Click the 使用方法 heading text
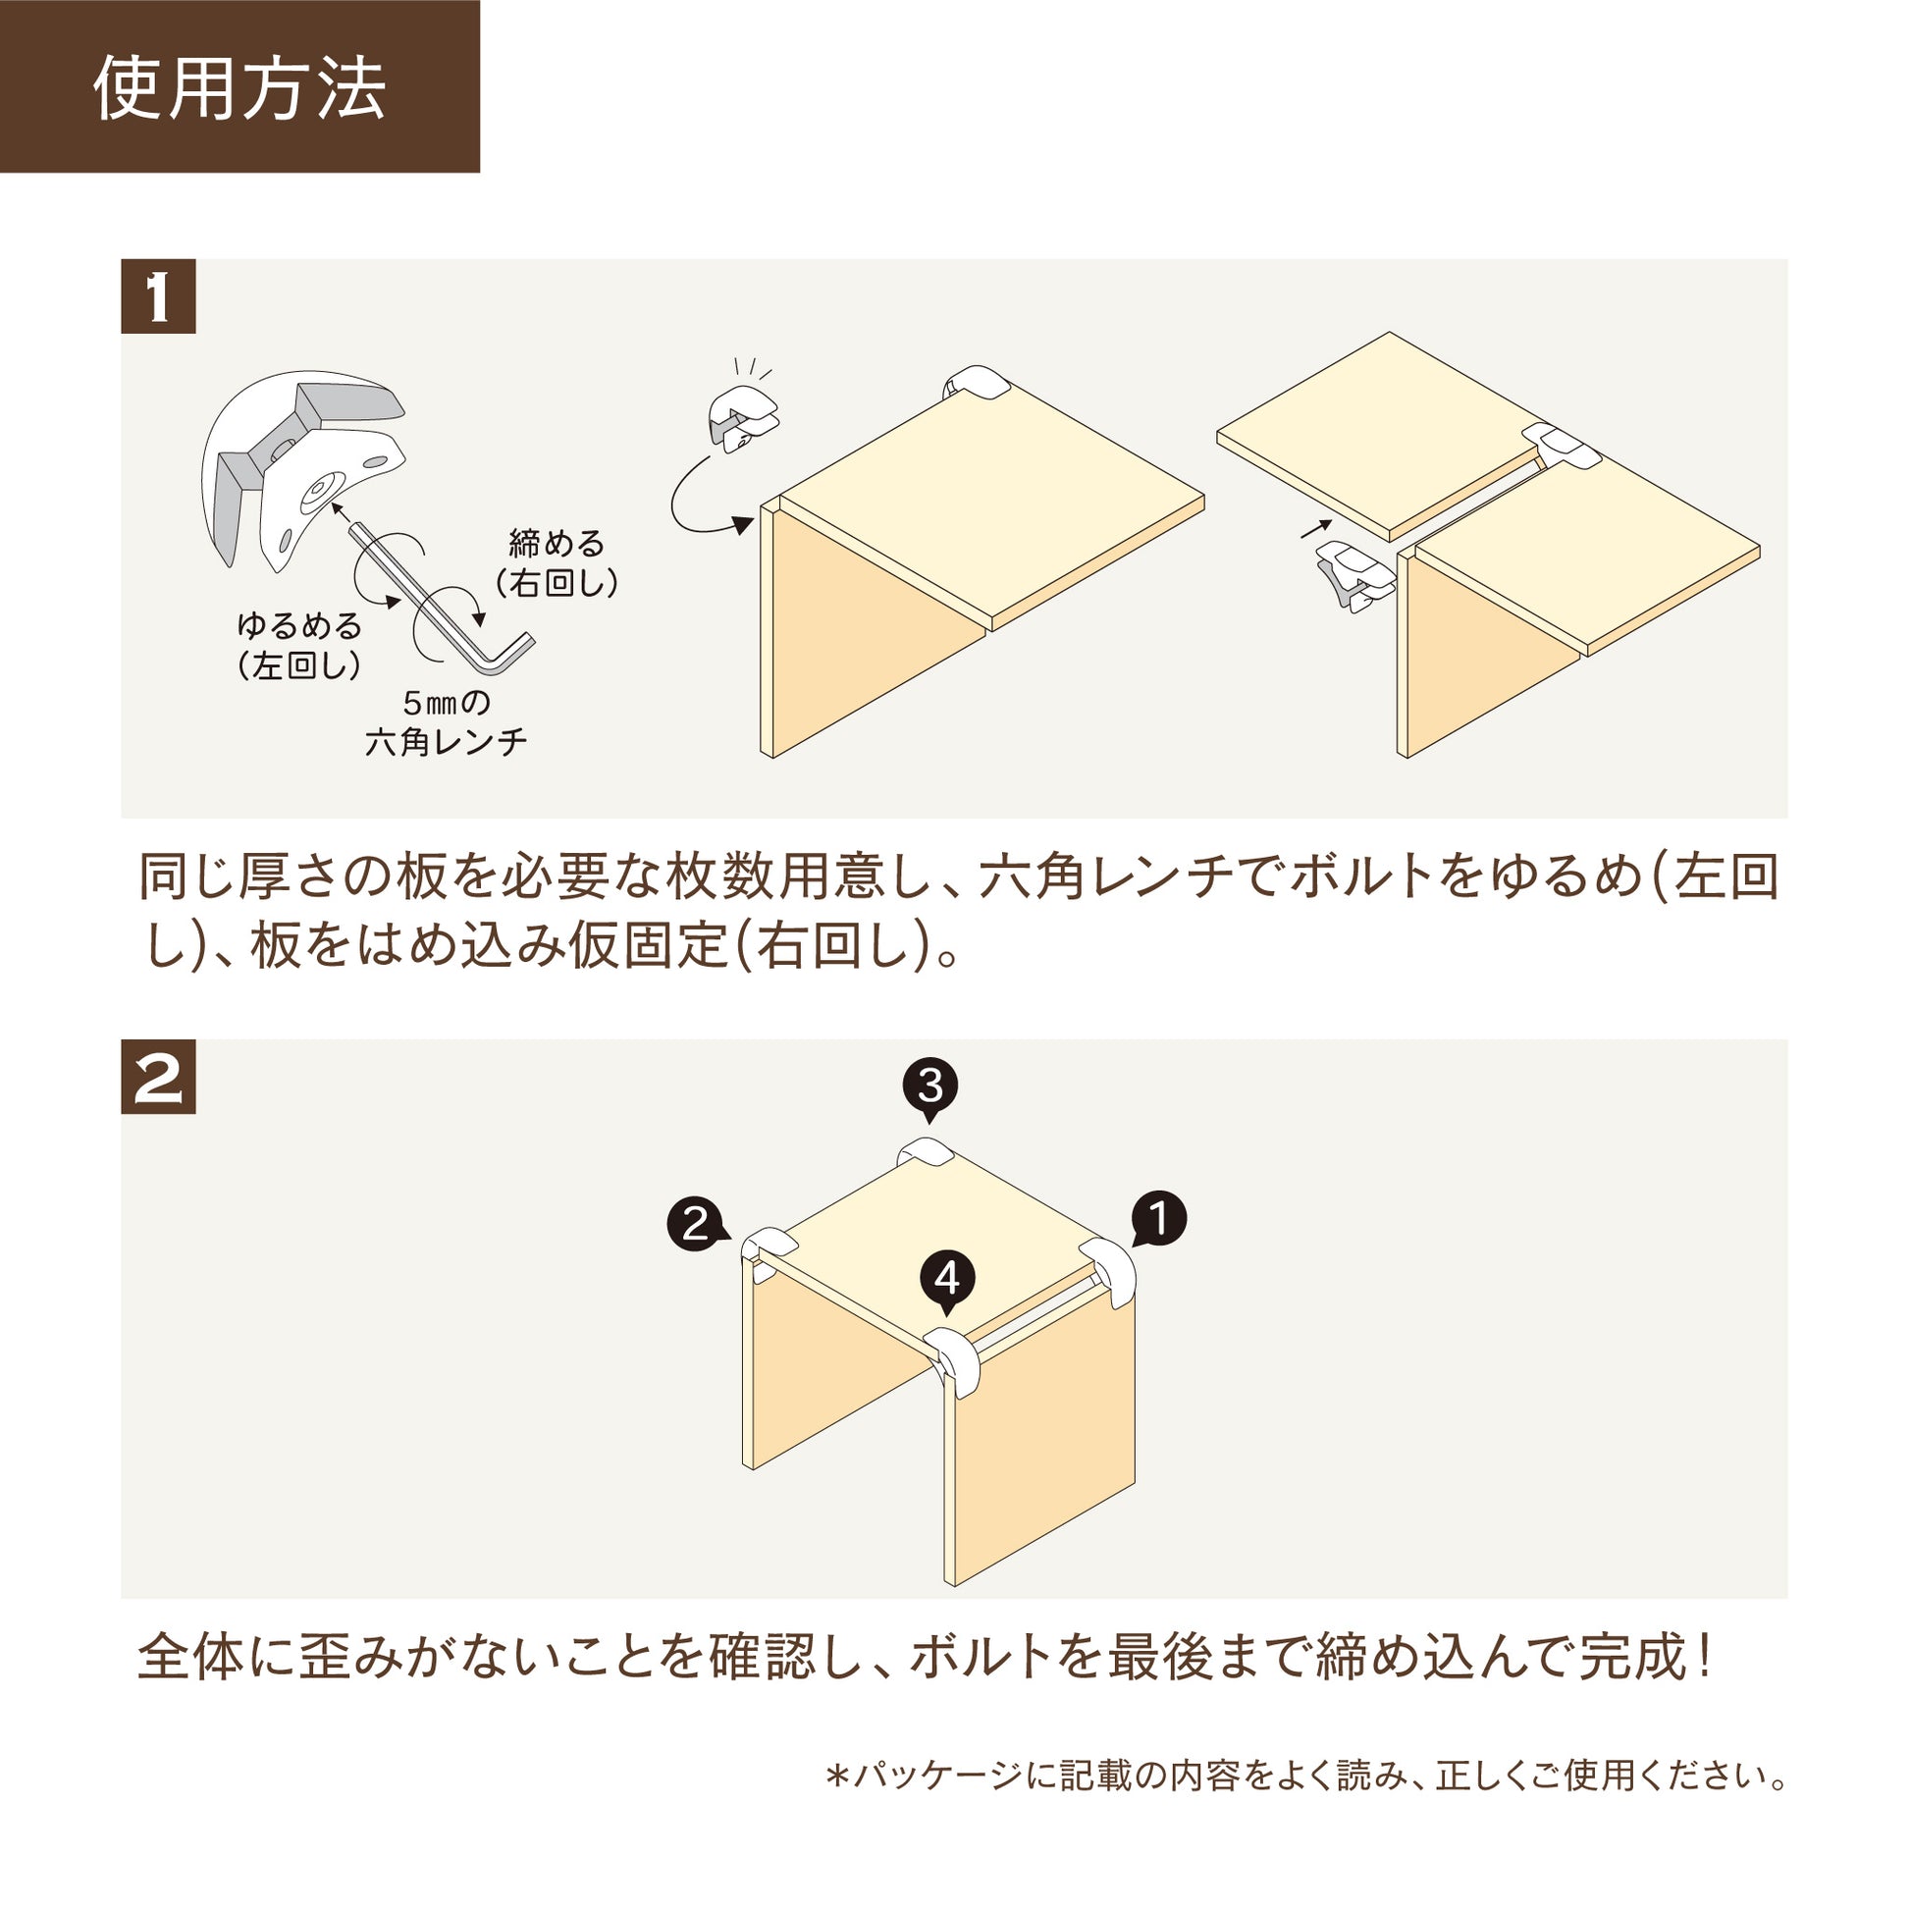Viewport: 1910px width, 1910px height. point(239,89)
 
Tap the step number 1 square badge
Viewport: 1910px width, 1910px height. point(158,296)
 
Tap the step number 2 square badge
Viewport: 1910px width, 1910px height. point(158,1077)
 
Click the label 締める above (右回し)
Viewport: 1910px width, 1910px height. point(557,543)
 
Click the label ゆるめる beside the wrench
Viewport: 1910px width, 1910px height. point(299,626)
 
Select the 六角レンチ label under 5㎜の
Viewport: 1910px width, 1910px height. point(446,741)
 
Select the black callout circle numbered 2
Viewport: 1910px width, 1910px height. point(695,1224)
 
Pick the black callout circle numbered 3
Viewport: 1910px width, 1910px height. point(930,1086)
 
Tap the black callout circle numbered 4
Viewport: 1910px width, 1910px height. point(947,1278)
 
